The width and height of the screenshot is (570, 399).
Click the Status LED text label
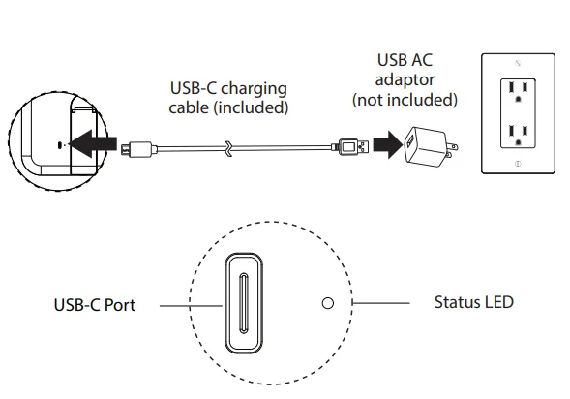(473, 302)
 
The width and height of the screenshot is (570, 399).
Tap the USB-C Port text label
(95, 305)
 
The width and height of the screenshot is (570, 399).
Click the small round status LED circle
(328, 303)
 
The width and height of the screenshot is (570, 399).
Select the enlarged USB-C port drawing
(244, 303)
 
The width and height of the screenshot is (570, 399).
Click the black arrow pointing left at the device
(93, 143)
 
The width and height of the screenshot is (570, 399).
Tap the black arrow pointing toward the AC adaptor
(388, 144)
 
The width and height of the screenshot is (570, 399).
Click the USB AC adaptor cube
(425, 146)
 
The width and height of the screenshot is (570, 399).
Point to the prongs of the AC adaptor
(452, 150)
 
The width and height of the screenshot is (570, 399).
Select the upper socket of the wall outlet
(518, 91)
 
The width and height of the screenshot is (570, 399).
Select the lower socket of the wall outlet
(518, 135)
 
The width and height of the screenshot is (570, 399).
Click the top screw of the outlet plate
(518, 63)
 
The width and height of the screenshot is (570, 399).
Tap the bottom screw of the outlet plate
(518, 164)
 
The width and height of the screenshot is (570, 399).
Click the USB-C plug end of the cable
(138, 149)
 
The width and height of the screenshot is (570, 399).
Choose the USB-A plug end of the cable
(351, 147)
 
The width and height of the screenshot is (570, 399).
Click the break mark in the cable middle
(228, 148)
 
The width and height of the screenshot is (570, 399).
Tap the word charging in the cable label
(254, 89)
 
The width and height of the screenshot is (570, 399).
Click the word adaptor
(405, 80)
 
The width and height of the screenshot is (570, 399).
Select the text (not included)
(405, 100)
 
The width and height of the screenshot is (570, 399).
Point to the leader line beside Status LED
(381, 302)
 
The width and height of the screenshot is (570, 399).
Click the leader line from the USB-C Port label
(192, 305)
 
